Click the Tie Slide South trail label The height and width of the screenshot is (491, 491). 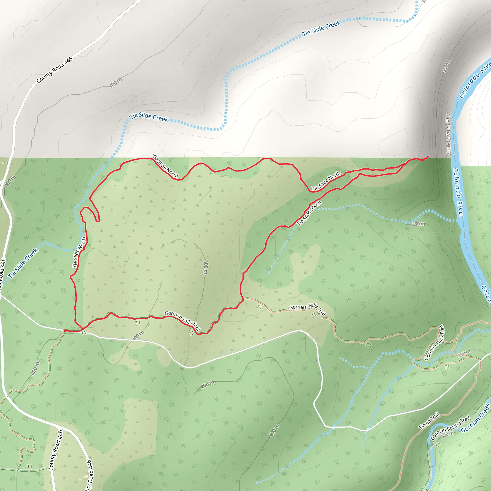click(309, 213)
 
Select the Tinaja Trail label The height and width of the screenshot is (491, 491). click(429, 421)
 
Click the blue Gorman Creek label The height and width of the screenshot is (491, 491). click(475, 418)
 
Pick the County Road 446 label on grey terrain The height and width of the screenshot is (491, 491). click(55, 70)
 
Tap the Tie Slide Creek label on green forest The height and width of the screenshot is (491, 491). click(23, 263)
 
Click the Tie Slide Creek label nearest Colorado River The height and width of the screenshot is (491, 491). click(321, 28)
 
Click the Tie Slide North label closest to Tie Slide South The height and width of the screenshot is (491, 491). click(326, 181)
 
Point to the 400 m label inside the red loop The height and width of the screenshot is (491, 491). click(206, 267)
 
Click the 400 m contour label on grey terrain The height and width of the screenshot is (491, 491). click(115, 83)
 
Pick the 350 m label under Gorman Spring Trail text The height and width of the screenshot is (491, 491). click(447, 435)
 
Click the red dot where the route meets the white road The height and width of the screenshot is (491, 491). click(65, 331)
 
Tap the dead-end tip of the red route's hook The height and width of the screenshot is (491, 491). click(98, 221)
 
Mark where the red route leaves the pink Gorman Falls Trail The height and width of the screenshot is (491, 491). click(244, 300)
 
